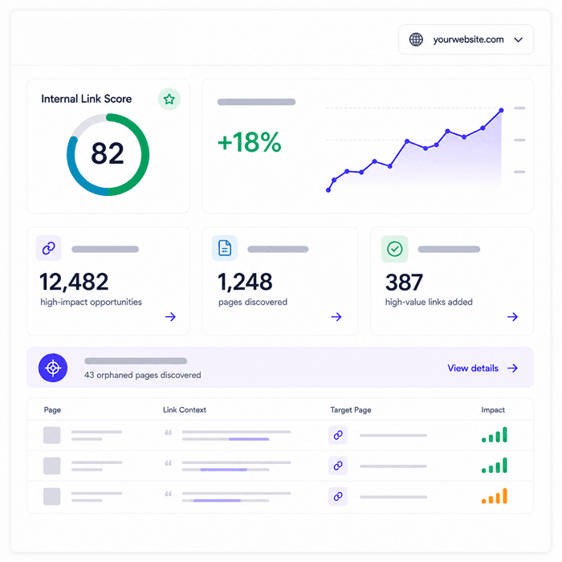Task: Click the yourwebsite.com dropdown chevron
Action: (519, 40)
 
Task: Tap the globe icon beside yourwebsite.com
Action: (416, 39)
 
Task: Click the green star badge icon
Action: (169, 99)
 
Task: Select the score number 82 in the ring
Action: (108, 153)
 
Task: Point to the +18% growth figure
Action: (250, 142)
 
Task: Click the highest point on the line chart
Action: (501, 111)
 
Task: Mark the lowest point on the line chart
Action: (328, 190)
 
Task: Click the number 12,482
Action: (74, 282)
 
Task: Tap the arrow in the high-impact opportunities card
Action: (170, 316)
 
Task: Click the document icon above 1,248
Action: (225, 248)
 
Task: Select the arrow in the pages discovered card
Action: (336, 316)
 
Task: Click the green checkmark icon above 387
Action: (395, 249)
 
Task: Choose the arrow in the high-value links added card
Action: (512, 316)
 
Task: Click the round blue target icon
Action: (53, 368)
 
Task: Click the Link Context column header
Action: (185, 409)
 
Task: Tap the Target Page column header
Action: (351, 409)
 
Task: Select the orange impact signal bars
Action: (495, 496)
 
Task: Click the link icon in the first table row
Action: (338, 435)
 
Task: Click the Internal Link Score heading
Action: (87, 99)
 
